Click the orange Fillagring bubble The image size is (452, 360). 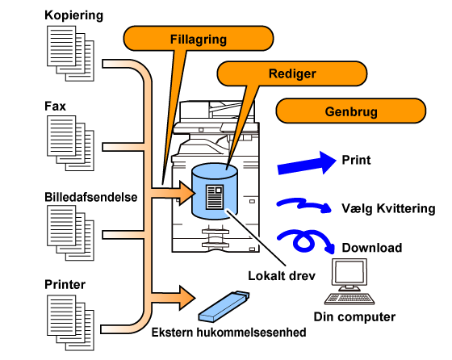pyautogui.click(x=199, y=39)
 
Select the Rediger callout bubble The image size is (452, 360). pyautogui.click(x=292, y=73)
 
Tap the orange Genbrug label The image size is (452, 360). pyautogui.click(x=351, y=111)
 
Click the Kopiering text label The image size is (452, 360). pyautogui.click(x=73, y=15)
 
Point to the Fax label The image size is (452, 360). pyautogui.click(x=55, y=106)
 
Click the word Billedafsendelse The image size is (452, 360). pyautogui.click(x=90, y=197)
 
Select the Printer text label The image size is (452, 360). pyautogui.click(x=65, y=284)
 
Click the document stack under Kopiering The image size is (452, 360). pyautogui.click(x=70, y=53)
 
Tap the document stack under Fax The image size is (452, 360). pyautogui.click(x=70, y=143)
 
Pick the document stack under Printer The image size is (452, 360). pyautogui.click(x=70, y=323)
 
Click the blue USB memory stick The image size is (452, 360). pyautogui.click(x=224, y=307)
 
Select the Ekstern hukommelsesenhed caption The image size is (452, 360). pyautogui.click(x=229, y=333)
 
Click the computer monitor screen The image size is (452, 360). pyautogui.click(x=349, y=272)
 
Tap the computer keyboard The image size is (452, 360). pyautogui.click(x=349, y=299)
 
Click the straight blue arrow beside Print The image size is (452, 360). pyautogui.click(x=307, y=163)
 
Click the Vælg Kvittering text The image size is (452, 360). pyautogui.click(x=388, y=208)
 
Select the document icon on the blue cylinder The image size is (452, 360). pyautogui.click(x=215, y=197)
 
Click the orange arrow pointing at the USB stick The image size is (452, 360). pyautogui.click(x=173, y=298)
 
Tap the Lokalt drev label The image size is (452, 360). pyautogui.click(x=282, y=276)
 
